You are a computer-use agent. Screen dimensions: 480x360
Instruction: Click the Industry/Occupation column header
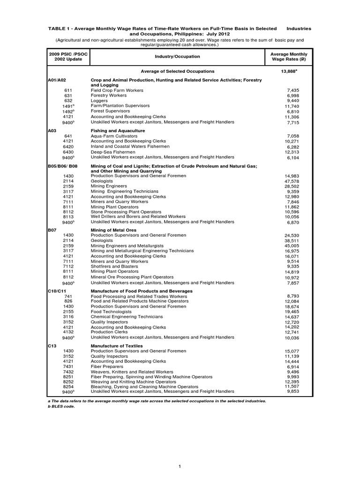(x=177, y=56)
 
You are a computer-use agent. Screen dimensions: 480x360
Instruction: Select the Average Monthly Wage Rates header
(x=289, y=57)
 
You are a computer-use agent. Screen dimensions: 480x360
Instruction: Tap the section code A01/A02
(x=55, y=80)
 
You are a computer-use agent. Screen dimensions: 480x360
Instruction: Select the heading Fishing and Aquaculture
(x=118, y=130)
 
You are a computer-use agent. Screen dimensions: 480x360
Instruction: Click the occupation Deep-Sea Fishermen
(x=112, y=152)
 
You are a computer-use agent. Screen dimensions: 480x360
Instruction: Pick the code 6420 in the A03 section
(x=68, y=147)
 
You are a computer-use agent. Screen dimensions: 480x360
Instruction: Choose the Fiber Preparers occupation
(x=107, y=367)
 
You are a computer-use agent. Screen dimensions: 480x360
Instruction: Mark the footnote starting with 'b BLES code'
(x=61, y=406)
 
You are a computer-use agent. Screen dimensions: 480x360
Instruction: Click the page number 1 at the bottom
(x=180, y=465)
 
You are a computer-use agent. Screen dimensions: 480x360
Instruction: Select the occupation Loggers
(x=99, y=100)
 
